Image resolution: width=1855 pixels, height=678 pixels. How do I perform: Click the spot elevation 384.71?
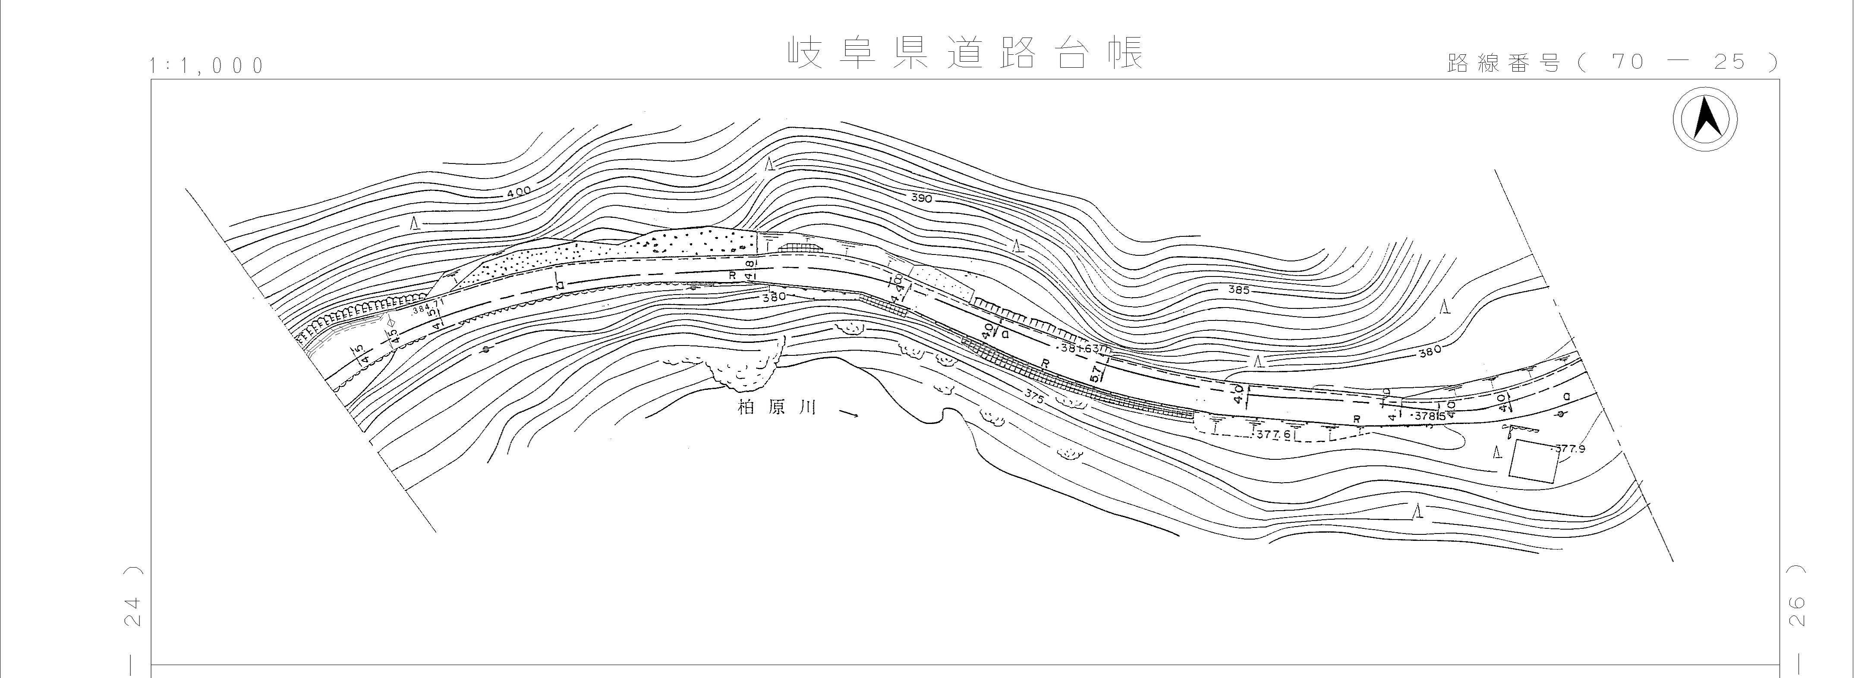[x=428, y=308]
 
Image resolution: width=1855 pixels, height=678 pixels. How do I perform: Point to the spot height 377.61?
[x=1274, y=435]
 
